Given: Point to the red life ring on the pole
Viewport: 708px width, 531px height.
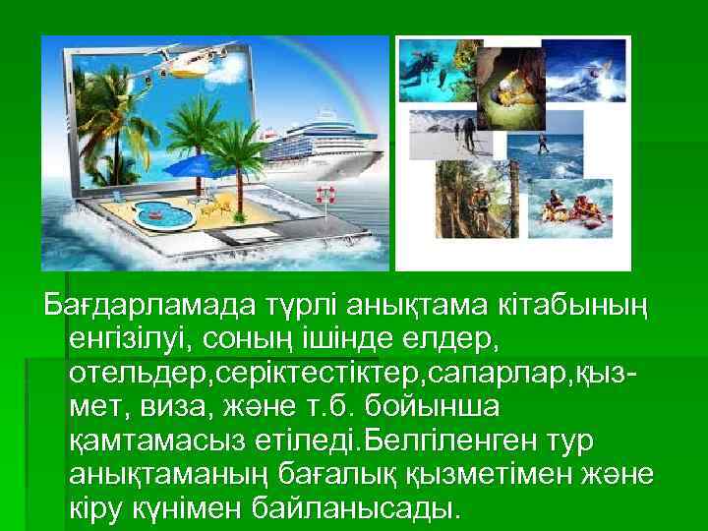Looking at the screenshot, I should (325, 194).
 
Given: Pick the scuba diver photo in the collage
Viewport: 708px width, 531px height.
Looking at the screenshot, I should (430, 70).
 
